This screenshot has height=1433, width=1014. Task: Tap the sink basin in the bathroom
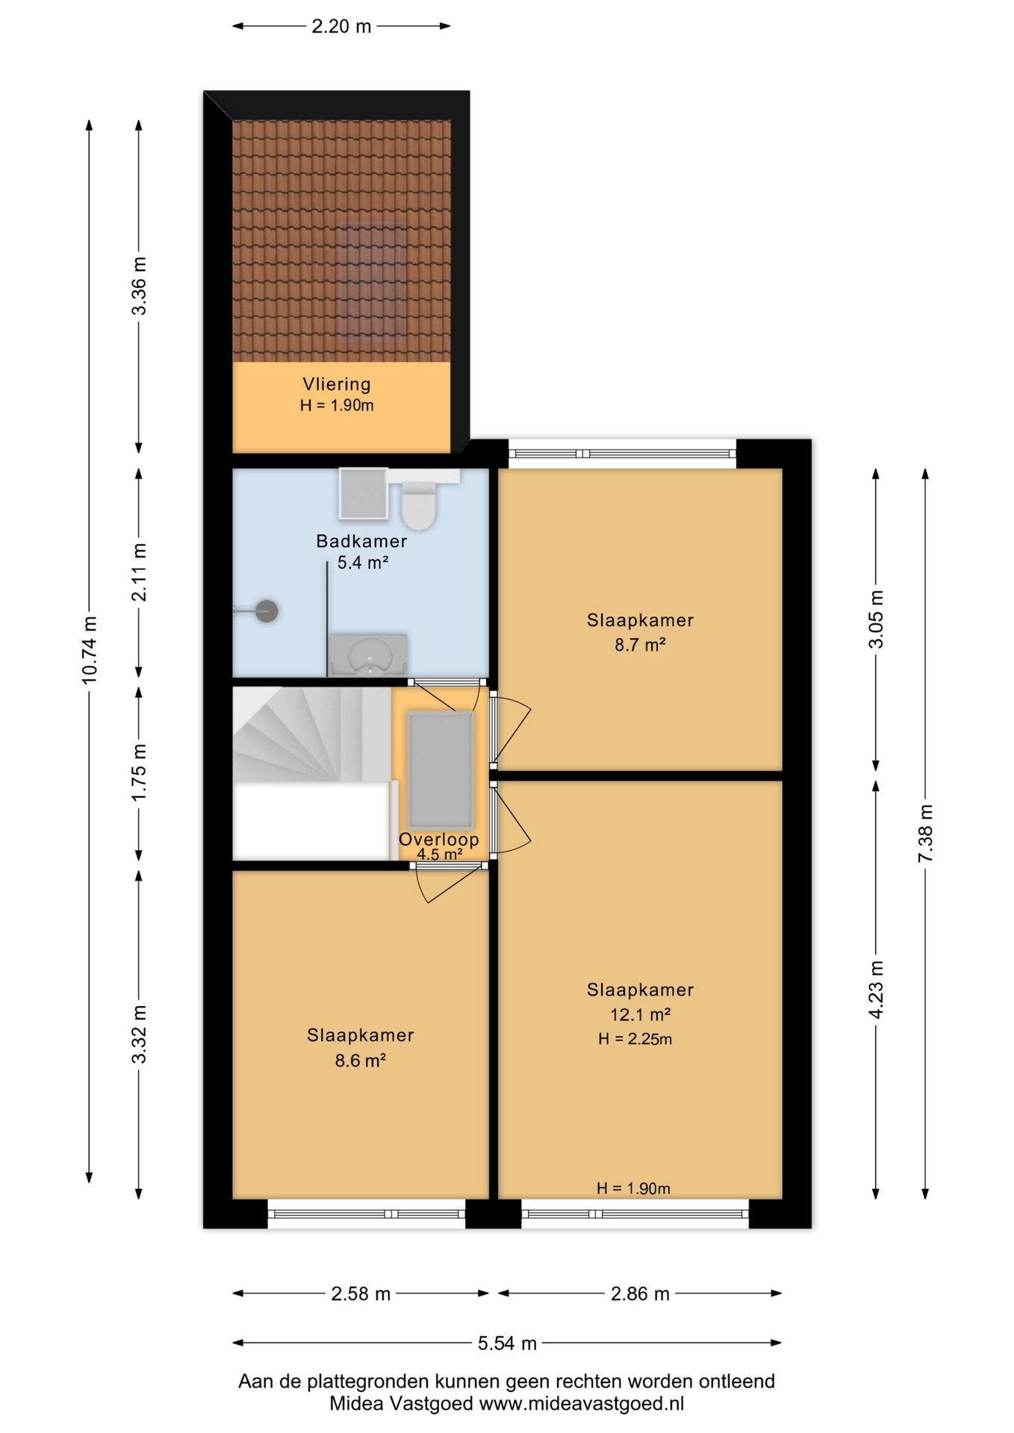point(370,656)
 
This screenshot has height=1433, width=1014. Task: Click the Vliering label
point(336,384)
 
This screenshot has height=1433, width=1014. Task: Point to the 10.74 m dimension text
point(89,650)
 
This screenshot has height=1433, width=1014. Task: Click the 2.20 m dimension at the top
point(341,26)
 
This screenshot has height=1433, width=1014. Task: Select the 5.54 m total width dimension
point(507,1343)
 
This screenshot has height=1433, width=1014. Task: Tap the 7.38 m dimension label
point(925,833)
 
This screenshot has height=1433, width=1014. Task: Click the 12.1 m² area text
point(640,1014)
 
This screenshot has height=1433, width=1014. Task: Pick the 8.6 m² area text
point(360,1060)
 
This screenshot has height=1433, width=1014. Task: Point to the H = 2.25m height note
point(635,1039)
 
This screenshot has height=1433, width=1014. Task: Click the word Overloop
point(438,839)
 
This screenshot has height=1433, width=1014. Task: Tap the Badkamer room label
point(361,541)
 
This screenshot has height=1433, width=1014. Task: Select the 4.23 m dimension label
point(876,990)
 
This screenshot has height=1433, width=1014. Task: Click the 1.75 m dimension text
point(139,772)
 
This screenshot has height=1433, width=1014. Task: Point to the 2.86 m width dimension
point(640,1293)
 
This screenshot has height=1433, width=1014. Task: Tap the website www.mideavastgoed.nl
point(581,1403)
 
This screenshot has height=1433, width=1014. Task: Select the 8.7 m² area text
point(640,644)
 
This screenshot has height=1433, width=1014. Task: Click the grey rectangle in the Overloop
point(441,771)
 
